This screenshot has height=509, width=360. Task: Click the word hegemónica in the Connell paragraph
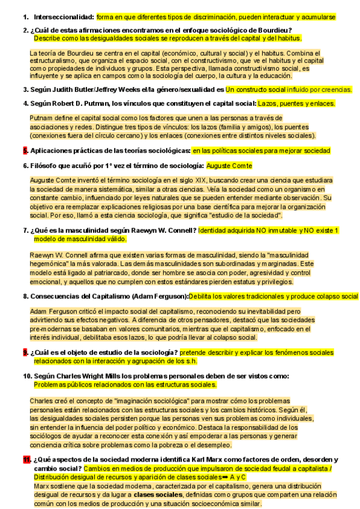(51, 265)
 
